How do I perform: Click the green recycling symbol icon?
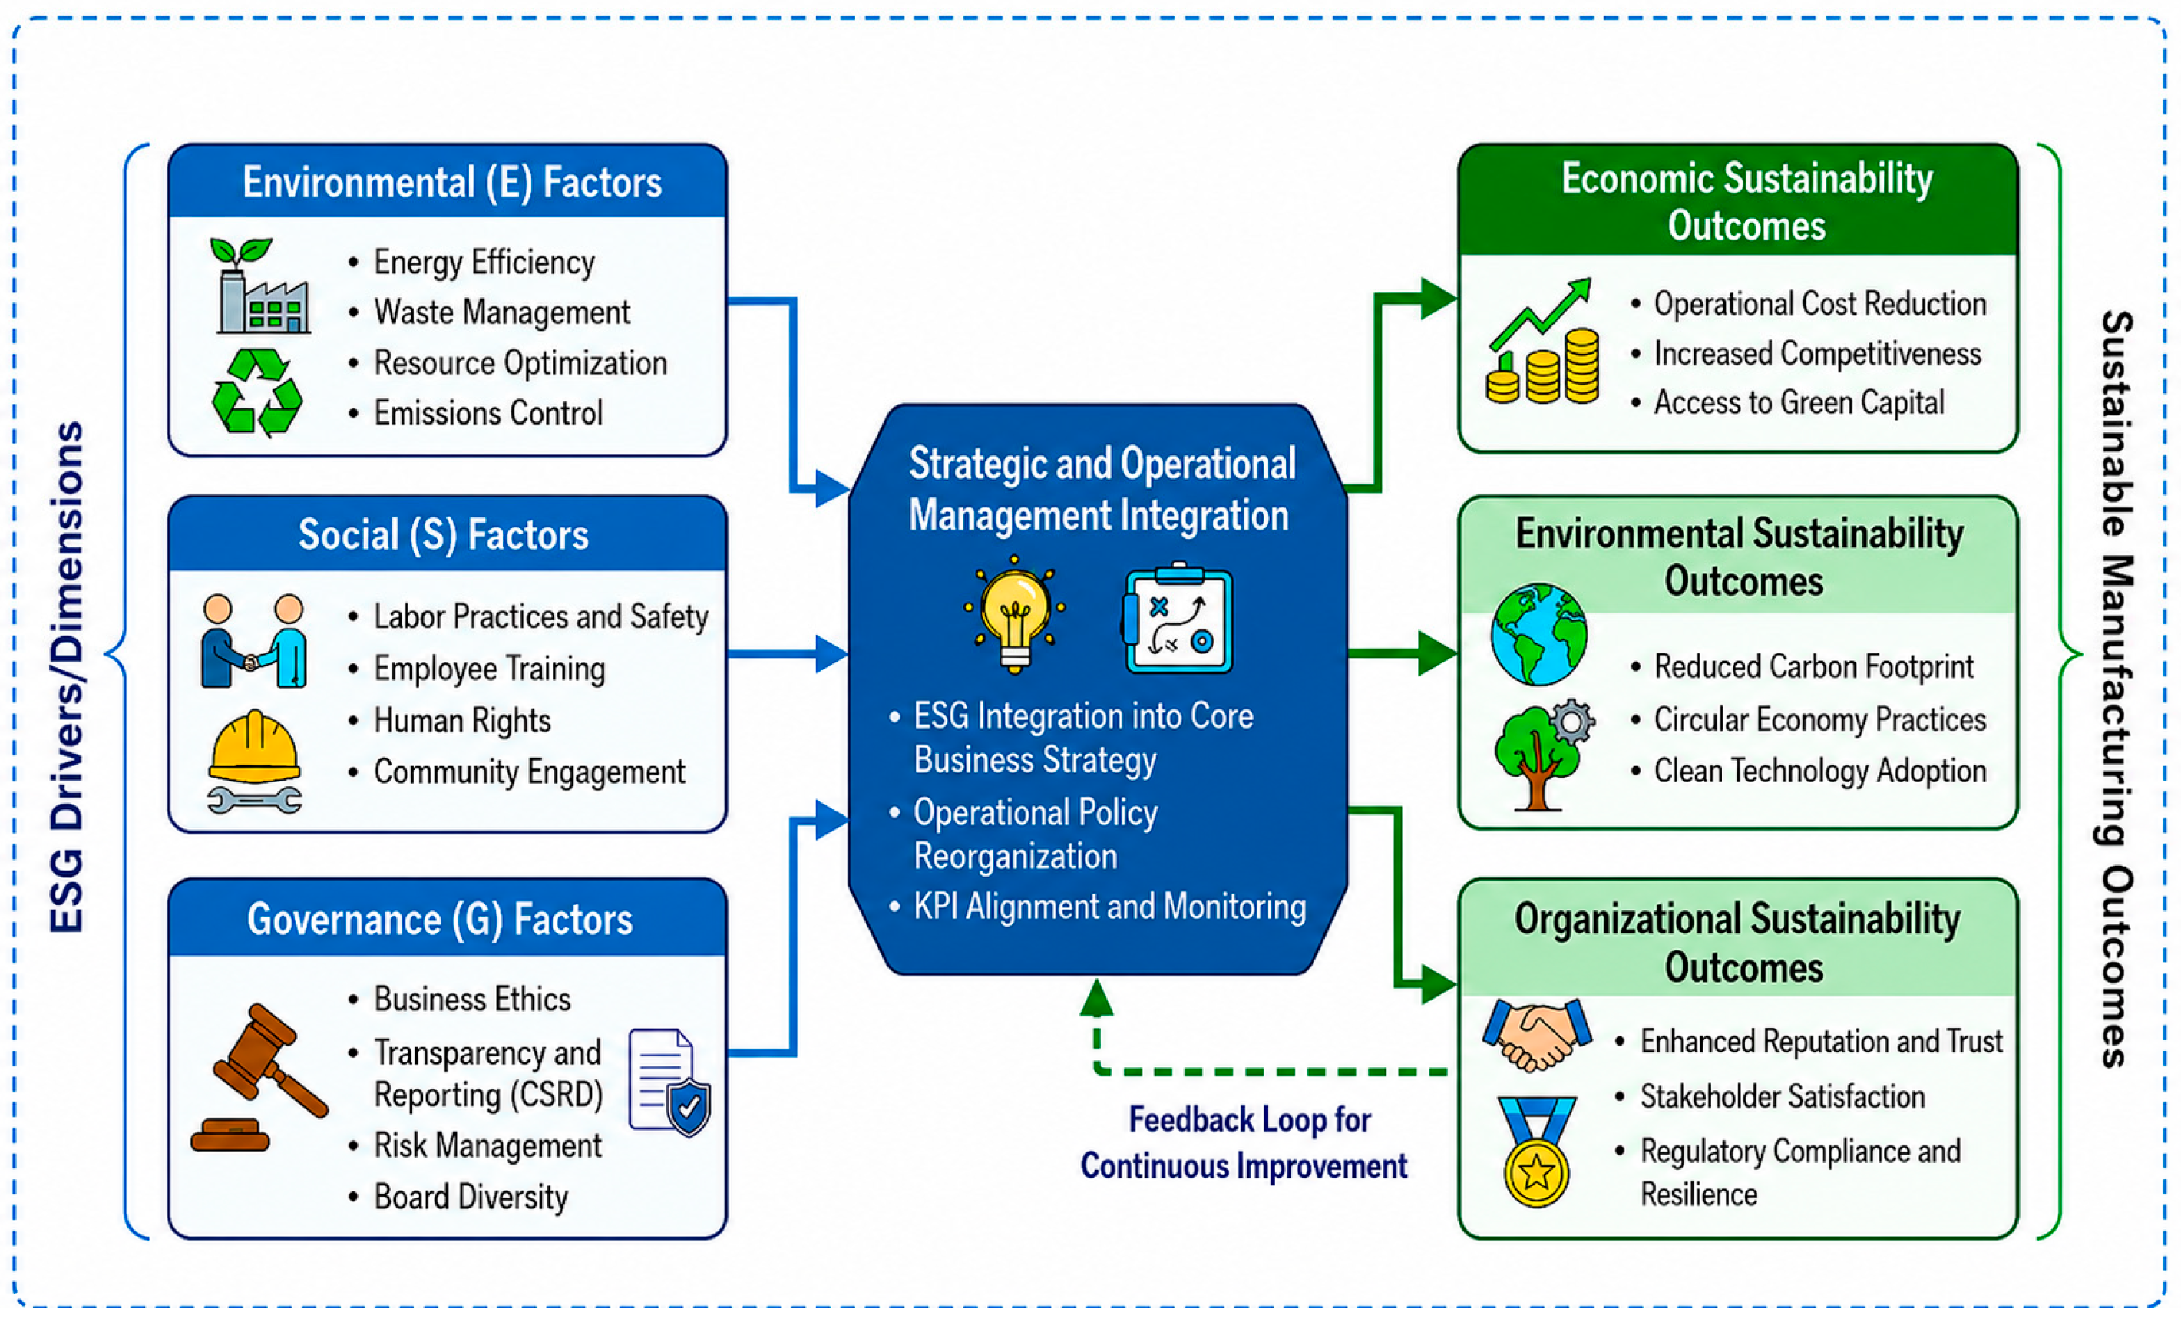256,392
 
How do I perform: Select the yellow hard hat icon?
255,747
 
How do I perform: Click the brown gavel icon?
259,1076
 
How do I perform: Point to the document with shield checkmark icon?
669,1082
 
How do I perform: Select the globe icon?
1538,635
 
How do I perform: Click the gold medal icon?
1537,1152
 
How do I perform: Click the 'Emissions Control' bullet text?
487,413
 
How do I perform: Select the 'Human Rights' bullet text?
462,722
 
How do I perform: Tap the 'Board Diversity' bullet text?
471,1197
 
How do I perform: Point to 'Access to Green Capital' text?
1799,403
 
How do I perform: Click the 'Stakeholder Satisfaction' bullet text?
1782,1097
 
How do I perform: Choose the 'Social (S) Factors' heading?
444,534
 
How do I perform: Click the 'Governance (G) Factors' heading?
440,920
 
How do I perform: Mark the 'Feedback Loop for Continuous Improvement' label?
1244,1142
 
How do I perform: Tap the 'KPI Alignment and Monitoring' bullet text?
1110,907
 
